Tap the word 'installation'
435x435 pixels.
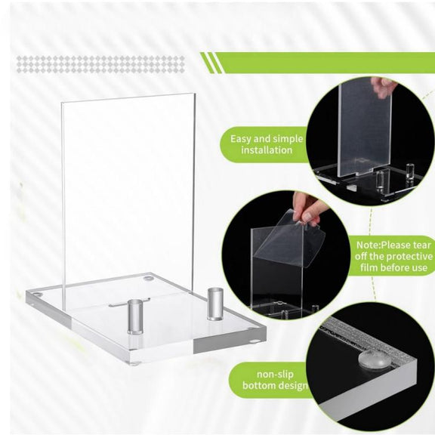pos(267,150)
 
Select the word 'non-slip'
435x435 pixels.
pos(275,375)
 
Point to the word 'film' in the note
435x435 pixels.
pos(369,267)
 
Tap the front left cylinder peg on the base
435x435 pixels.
pos(135,316)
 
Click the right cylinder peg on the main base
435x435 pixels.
pos(215,304)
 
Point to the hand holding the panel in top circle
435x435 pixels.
pos(384,87)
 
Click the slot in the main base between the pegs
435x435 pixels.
pos(130,302)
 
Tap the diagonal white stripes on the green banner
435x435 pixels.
pos(211,63)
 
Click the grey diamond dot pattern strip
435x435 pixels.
pos(100,64)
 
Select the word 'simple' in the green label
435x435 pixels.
pos(288,139)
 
